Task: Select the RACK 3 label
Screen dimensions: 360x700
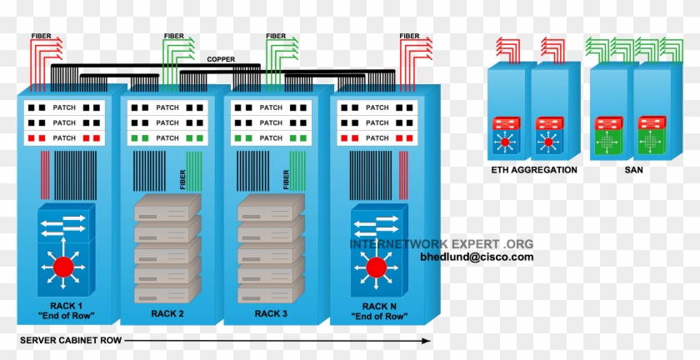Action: [x=271, y=314]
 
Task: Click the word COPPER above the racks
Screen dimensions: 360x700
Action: [x=221, y=59]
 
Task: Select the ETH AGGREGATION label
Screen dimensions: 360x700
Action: [x=533, y=170]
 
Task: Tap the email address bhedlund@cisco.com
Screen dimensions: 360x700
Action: [x=477, y=257]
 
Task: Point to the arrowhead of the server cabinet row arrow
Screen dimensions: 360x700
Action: [x=426, y=341]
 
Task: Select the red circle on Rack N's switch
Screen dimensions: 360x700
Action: [x=377, y=267]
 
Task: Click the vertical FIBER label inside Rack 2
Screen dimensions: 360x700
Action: [x=182, y=178]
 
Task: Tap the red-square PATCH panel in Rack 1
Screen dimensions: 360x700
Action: [x=63, y=137]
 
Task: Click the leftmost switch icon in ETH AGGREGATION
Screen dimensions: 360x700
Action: [x=505, y=137]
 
